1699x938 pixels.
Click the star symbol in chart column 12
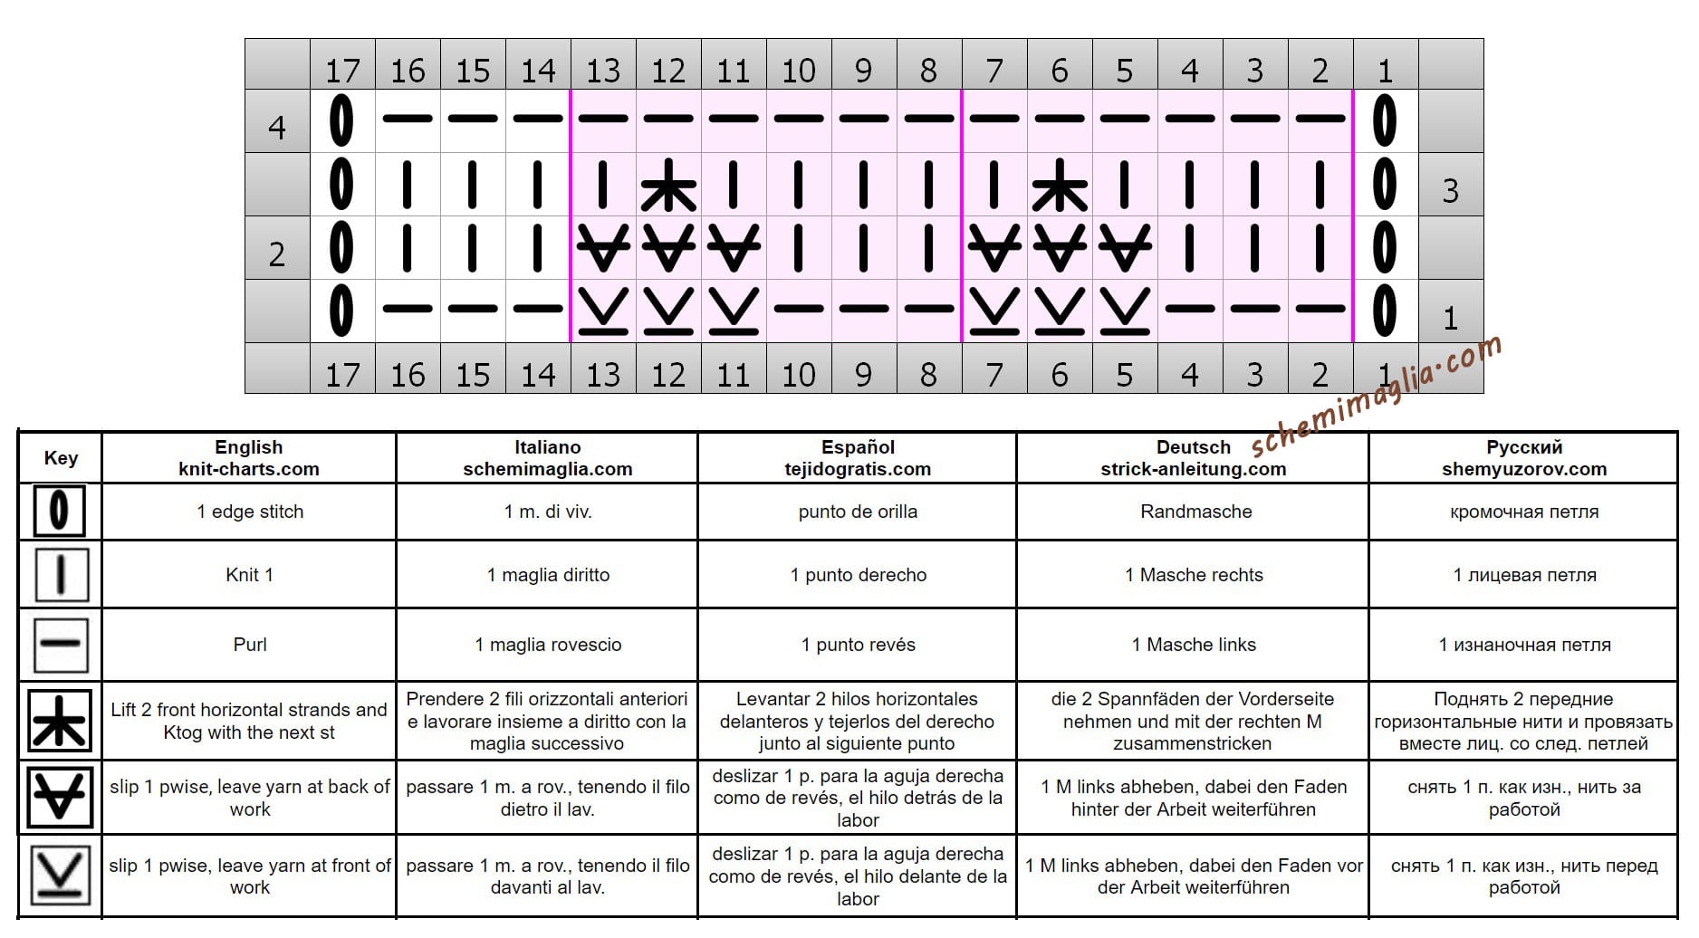tap(668, 185)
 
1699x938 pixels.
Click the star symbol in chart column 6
tap(1060, 185)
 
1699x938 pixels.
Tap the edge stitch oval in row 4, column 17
tap(341, 120)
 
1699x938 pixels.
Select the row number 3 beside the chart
tap(1450, 190)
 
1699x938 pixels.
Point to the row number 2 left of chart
tap(277, 254)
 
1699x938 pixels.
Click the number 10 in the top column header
tap(799, 70)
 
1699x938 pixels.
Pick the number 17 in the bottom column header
tap(342, 374)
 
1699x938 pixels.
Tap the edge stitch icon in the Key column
tap(60, 511)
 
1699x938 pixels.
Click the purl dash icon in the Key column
tap(61, 644)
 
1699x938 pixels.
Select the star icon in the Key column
tap(60, 721)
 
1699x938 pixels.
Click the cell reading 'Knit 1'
tap(249, 575)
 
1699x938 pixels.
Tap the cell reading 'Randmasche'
tap(1195, 512)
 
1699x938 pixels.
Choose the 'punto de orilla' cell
tap(858, 512)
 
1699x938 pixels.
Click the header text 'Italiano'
tap(547, 447)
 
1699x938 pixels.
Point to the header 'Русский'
tap(1524, 447)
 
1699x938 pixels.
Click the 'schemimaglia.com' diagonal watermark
tap(1377, 395)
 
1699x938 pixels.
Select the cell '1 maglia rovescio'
tap(548, 645)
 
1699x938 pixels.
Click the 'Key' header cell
tap(61, 458)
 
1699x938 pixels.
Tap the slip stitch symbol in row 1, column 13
tap(603, 311)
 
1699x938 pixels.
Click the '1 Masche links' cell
tap(1194, 645)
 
